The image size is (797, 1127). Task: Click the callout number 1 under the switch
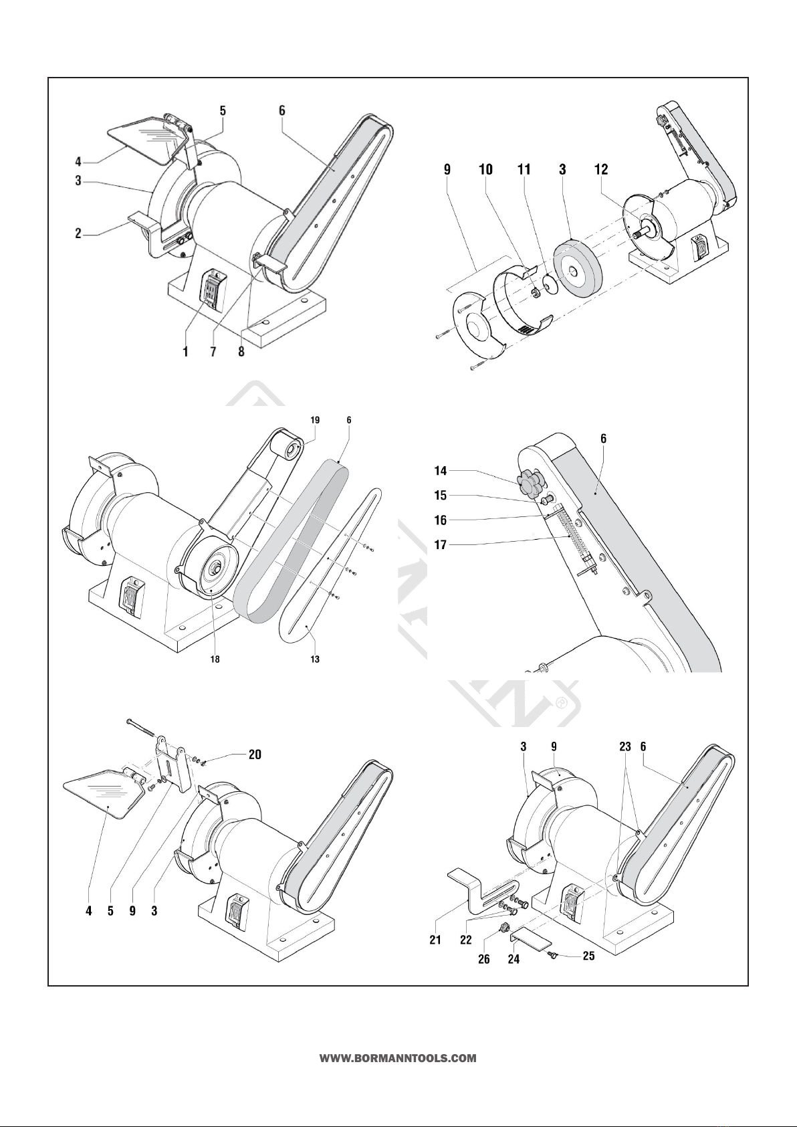(186, 352)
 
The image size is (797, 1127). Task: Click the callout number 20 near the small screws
(255, 754)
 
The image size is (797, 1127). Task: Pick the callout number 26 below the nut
(483, 959)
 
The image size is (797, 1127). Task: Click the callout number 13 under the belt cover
(314, 659)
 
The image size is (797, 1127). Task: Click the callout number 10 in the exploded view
(485, 170)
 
